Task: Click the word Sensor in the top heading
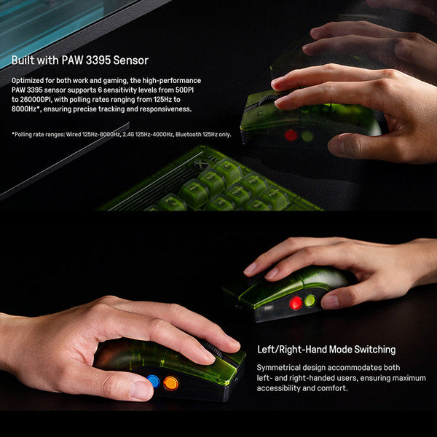tap(130, 60)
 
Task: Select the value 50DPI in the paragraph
tap(184, 90)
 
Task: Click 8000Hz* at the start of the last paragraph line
tap(25, 109)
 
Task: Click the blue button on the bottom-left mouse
tap(153, 382)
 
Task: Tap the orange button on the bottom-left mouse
tap(171, 383)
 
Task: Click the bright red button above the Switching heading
tap(296, 303)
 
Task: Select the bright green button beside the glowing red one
tap(310, 301)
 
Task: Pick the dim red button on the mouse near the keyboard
tap(291, 135)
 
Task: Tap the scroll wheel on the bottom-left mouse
tap(213, 349)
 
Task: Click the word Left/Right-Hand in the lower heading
tap(292, 350)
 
